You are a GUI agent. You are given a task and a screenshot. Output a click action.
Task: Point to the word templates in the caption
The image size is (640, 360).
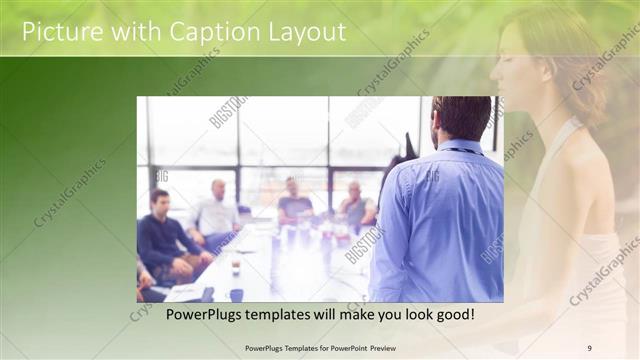click(x=296, y=315)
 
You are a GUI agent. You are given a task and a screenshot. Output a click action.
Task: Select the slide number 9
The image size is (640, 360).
click(x=589, y=347)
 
